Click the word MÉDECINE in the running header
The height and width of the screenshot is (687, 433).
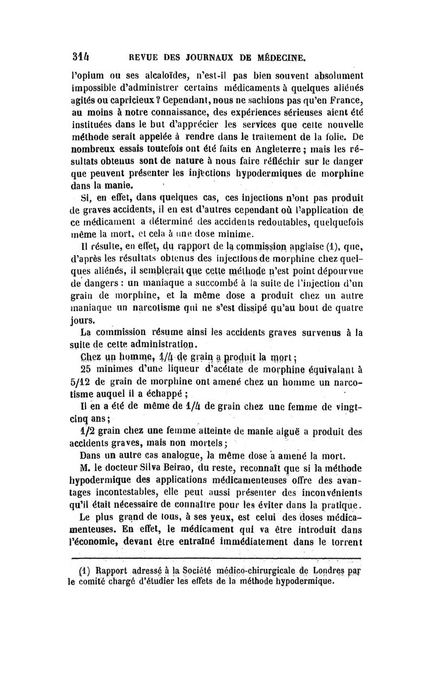pos(274,55)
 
